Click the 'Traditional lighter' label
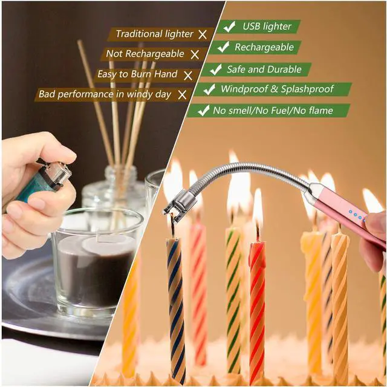click(x=154, y=34)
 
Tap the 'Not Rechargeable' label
click(x=145, y=54)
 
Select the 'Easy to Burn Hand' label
click(x=138, y=74)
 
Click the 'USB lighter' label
click(x=267, y=27)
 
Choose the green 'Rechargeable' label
click(x=264, y=47)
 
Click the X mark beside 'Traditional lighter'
click(x=203, y=34)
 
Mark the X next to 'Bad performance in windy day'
click(x=182, y=94)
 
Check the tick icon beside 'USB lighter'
click(x=229, y=27)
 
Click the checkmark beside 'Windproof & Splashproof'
click(x=210, y=89)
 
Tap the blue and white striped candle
click(x=176, y=302)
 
